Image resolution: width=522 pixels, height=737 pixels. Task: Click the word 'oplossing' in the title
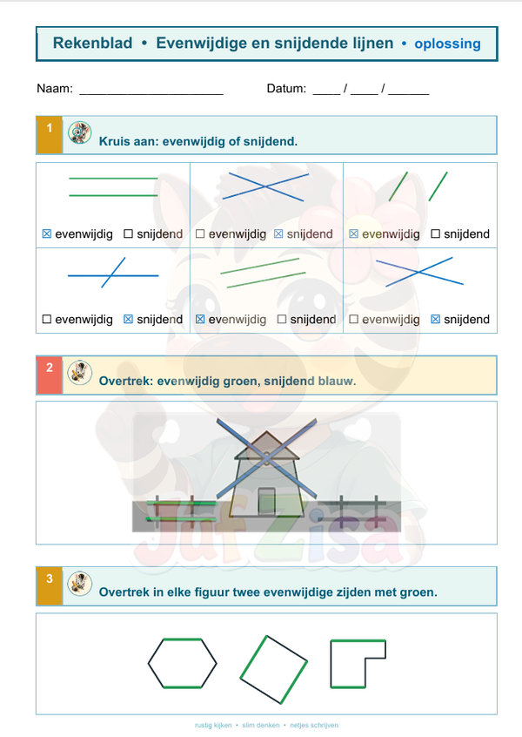(447, 44)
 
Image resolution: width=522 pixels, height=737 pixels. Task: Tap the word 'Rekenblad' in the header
(92, 43)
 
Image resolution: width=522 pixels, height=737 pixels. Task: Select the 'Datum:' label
(286, 88)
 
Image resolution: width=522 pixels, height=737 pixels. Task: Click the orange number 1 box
(50, 135)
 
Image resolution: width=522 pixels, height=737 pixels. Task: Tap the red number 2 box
(50, 375)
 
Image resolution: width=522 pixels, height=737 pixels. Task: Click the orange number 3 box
(50, 586)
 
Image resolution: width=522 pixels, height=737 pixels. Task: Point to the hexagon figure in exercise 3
(183, 639)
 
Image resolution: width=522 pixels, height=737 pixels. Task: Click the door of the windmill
(266, 501)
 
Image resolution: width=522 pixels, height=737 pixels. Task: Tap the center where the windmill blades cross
(266, 457)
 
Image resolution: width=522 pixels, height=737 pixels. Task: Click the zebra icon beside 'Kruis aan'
(80, 132)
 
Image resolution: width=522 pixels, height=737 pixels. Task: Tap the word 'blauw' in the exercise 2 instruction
(337, 381)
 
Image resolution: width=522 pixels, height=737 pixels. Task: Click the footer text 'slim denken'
(260, 726)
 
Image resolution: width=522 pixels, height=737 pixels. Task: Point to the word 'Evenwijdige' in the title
(201, 44)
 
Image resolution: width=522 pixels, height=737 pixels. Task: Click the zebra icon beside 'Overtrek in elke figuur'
(80, 585)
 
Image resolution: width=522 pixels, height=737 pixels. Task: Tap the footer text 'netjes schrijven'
(314, 726)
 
